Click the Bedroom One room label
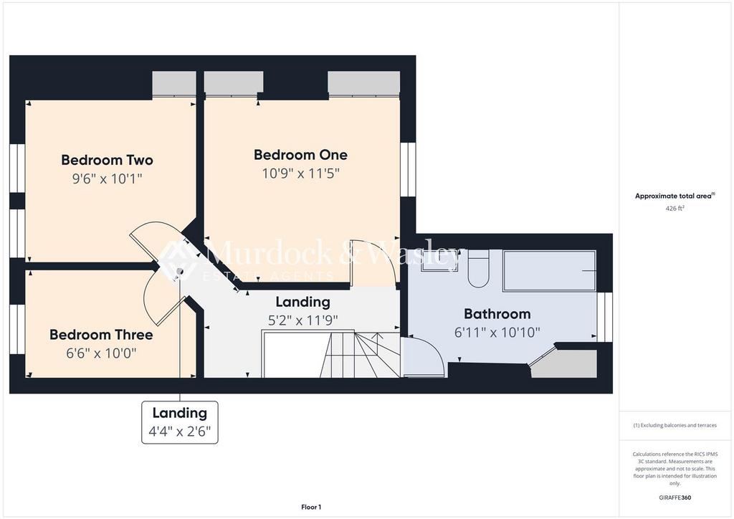pos(300,155)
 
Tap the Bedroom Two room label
pos(108,160)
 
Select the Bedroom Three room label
pos(101,335)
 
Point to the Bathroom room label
pos(497,313)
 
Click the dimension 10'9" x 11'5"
pos(300,173)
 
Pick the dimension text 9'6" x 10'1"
pos(108,178)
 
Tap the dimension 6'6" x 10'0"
pos(101,353)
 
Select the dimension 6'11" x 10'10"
pos(497,333)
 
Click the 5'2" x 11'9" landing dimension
pos(303,320)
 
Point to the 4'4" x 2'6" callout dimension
pos(180,431)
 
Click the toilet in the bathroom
pos(478,269)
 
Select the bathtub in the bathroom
pos(550,272)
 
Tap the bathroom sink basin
pos(439,261)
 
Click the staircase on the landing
pos(330,354)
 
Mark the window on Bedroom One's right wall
pos(408,169)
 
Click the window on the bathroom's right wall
pos(605,317)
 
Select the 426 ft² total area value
pos(675,209)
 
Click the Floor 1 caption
pos(311,507)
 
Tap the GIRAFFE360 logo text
pos(675,497)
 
